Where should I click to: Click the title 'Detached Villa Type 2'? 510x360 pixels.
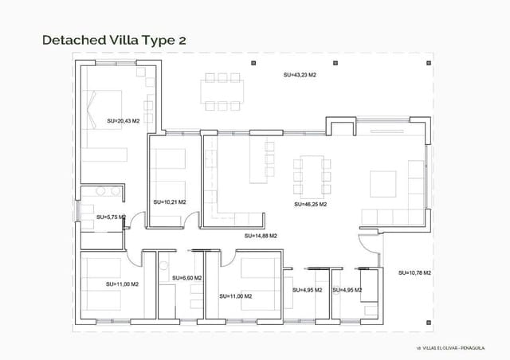114,39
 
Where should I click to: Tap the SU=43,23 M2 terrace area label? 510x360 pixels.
300,75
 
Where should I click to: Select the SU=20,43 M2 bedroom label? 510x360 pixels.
123,121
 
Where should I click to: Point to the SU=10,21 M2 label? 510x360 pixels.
169,202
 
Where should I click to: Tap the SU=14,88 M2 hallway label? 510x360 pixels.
261,236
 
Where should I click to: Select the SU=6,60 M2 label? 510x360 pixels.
186,278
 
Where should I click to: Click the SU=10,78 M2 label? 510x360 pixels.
415,272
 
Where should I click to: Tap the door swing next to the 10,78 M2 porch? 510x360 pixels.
369,239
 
